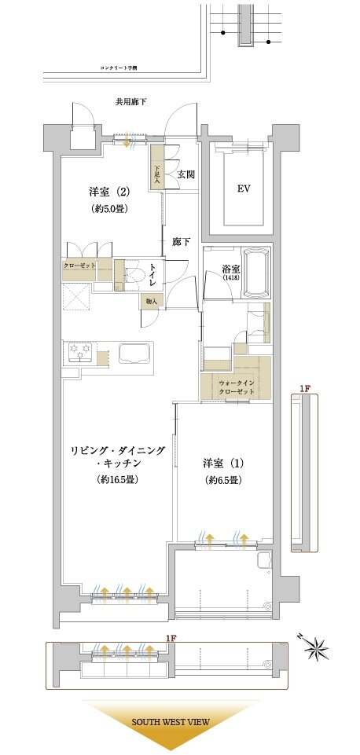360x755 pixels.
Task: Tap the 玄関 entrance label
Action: (x=186, y=174)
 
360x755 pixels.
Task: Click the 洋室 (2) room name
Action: (x=108, y=192)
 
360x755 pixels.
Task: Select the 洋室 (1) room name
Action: (x=222, y=462)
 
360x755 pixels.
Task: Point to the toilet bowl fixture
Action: (x=135, y=275)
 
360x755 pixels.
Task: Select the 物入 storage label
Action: (x=152, y=301)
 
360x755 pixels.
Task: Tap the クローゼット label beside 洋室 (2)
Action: (x=79, y=266)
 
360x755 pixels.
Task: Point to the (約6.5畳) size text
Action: (x=222, y=480)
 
